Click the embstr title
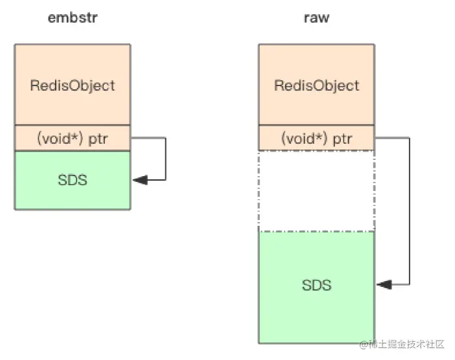(x=73, y=17)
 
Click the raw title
(x=316, y=17)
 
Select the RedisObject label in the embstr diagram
(x=73, y=86)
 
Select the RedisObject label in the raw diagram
(x=316, y=86)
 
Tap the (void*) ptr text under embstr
(x=73, y=139)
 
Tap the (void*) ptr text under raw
(x=316, y=139)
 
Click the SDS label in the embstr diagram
(x=73, y=180)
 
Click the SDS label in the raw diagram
(x=316, y=285)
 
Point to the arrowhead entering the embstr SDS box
(x=140, y=180)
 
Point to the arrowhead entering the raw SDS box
(x=384, y=285)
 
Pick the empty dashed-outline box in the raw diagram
(x=316, y=191)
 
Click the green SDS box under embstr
(x=73, y=180)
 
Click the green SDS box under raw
(x=316, y=287)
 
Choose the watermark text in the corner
(x=402, y=344)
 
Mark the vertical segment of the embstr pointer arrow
(x=166, y=159)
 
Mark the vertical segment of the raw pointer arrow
(x=410, y=211)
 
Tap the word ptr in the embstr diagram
(x=98, y=139)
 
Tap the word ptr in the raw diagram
(x=342, y=139)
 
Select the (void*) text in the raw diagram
(x=304, y=139)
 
